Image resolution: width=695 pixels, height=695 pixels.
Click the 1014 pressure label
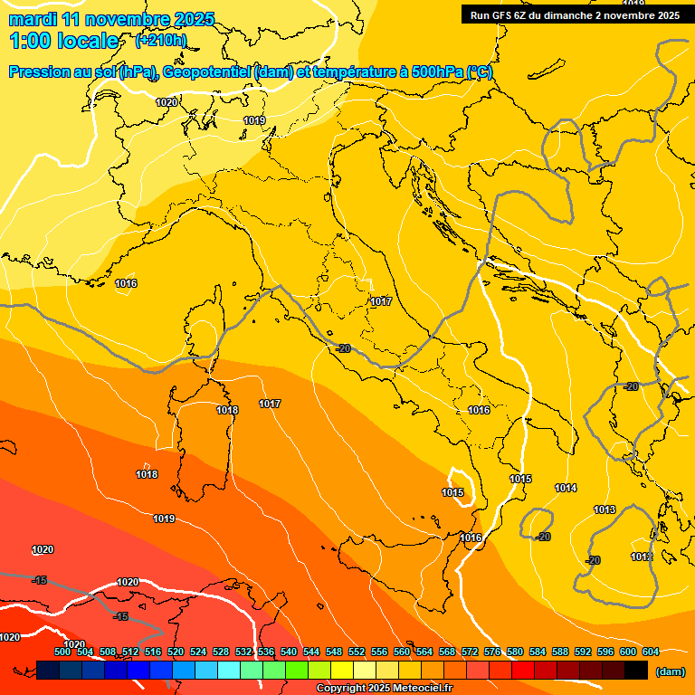[x=566, y=488]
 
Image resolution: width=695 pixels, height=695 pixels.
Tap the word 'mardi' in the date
[x=30, y=19]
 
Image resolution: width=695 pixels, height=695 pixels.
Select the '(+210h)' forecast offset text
[x=160, y=41]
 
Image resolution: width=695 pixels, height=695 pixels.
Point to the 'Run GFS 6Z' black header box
[x=576, y=14]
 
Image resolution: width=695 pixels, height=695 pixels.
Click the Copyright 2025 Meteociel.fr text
[x=383, y=689]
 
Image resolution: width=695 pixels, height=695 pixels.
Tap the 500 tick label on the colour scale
[x=62, y=652]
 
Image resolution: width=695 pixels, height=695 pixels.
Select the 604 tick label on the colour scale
[x=650, y=652]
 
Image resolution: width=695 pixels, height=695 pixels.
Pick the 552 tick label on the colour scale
[x=357, y=652]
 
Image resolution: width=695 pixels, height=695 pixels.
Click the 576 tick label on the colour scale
[x=492, y=652]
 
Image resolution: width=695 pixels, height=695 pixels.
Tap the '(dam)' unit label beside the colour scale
[x=670, y=671]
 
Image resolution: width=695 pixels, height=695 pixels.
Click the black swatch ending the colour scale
[x=636, y=670]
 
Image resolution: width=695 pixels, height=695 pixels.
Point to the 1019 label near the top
[x=254, y=120]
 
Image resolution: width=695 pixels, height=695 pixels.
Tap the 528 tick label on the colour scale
[x=221, y=652]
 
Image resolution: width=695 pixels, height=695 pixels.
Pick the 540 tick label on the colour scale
[x=289, y=652]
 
